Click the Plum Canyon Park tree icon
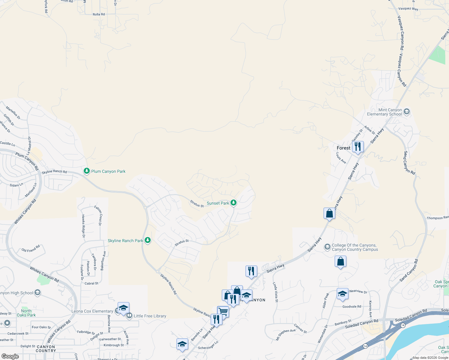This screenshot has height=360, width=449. pos(87,171)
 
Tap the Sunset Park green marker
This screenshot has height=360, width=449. pos(233,203)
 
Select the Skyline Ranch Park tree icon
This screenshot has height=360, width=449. pos(147,240)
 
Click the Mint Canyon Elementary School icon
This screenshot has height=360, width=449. pos(407,112)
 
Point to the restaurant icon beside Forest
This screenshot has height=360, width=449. pos(358,147)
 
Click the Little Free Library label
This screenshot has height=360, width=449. pos(150,316)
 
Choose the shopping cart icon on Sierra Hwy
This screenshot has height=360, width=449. pos(223,311)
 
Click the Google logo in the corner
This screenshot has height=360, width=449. pos(10,356)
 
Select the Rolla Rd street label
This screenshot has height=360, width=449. pos(99,14)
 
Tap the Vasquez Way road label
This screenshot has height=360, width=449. pos(408,9)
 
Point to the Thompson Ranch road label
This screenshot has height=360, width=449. pos(438,218)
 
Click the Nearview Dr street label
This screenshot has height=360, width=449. pos(358,291)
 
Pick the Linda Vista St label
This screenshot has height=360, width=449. pos(275,292)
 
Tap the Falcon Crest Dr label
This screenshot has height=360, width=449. pos(98,215)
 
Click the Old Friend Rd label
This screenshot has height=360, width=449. pos(31,249)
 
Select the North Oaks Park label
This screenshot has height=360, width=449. pos(26,313)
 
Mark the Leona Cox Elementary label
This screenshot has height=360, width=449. pos(92,311)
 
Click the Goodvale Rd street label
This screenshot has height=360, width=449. pos(352,306)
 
